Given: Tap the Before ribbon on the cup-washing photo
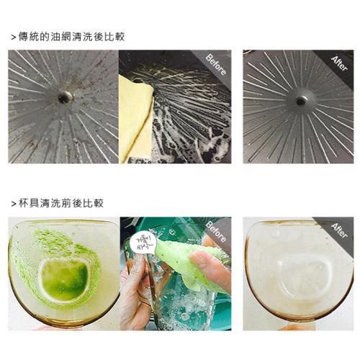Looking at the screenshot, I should (216, 232).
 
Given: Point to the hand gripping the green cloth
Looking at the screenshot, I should (213, 270).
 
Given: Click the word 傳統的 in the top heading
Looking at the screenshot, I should (34, 36).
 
